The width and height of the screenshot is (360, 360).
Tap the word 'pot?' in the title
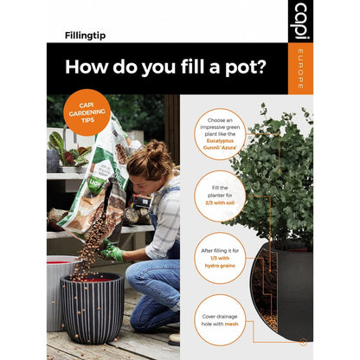(236, 67)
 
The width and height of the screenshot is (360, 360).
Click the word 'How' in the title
(88, 67)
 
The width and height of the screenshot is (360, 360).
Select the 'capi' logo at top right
(299, 18)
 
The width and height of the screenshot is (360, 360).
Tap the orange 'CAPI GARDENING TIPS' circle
(87, 112)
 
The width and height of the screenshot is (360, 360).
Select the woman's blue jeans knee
(142, 277)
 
